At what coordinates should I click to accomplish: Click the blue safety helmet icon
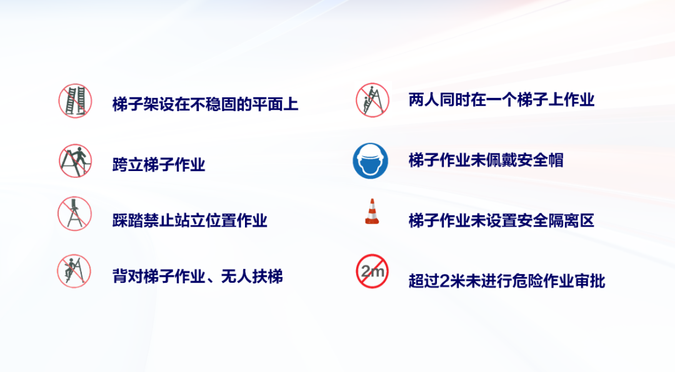tap(370, 161)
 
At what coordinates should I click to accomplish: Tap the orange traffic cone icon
tap(372, 212)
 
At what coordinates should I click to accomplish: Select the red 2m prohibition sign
tap(372, 271)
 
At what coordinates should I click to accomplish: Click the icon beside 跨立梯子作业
tap(76, 161)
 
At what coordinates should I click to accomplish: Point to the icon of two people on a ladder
tap(372, 100)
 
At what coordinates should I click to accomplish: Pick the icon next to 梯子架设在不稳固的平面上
tap(76, 101)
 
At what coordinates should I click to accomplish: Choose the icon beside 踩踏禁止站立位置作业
tap(75, 213)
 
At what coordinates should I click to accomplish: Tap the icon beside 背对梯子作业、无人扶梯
tap(74, 271)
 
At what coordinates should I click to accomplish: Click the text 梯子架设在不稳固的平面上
tap(205, 104)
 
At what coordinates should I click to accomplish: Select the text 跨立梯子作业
tap(158, 165)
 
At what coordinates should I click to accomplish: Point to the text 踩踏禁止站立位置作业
tap(189, 220)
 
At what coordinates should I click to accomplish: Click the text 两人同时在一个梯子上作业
tap(501, 100)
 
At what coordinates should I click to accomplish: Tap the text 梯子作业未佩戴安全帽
tap(486, 160)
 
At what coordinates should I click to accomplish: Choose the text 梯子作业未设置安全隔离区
tap(501, 220)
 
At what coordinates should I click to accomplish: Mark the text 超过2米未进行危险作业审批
tap(507, 281)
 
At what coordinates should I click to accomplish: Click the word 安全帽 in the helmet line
tap(541, 160)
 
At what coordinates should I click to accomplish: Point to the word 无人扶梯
tap(252, 276)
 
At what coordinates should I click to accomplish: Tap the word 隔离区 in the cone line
tap(572, 220)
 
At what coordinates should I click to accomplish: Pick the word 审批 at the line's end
tap(590, 281)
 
